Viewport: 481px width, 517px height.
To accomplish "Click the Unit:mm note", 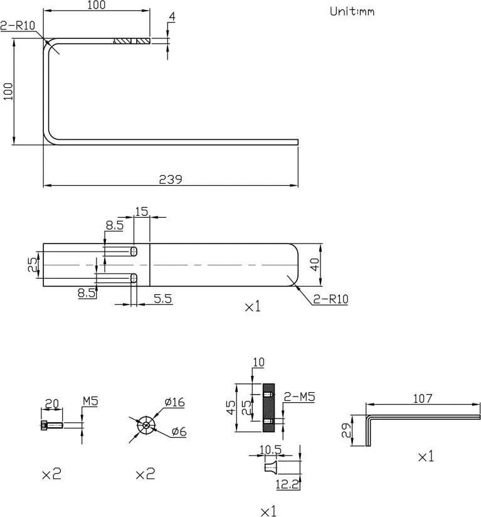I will tap(352, 11).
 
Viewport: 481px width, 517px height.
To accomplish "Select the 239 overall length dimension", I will tap(171, 179).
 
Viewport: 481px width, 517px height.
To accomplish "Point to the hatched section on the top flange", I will tap(132, 42).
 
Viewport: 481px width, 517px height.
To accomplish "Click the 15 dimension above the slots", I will tap(141, 212).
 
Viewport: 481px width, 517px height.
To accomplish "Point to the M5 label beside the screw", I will tap(90, 402).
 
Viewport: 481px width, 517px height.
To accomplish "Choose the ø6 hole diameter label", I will tap(179, 432).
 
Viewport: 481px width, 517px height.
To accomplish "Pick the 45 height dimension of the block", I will tap(231, 408).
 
